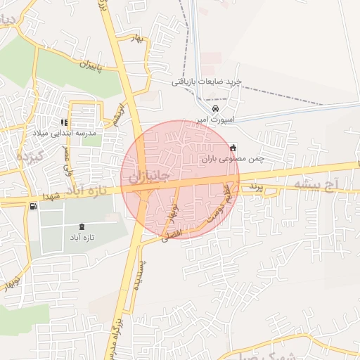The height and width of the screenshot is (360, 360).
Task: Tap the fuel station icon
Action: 33,206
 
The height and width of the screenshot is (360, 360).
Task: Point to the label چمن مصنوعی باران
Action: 233,160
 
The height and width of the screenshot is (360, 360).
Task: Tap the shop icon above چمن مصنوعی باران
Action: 233,148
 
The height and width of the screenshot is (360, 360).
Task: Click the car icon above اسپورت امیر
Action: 216,109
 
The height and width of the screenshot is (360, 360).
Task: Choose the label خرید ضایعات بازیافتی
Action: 207,82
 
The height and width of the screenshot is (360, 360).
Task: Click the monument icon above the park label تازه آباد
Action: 82,226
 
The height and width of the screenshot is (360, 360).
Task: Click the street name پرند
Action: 257,188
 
